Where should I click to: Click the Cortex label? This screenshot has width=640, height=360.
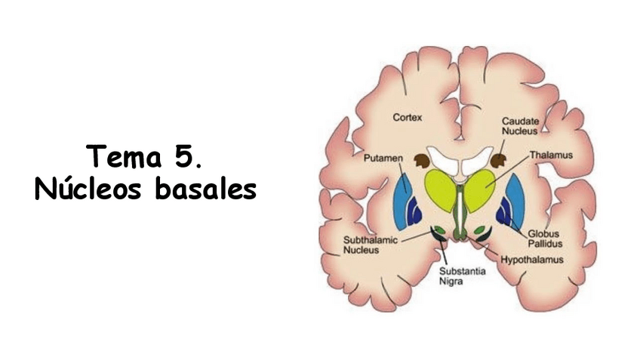tap(408, 118)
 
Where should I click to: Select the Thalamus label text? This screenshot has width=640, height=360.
tap(548, 155)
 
